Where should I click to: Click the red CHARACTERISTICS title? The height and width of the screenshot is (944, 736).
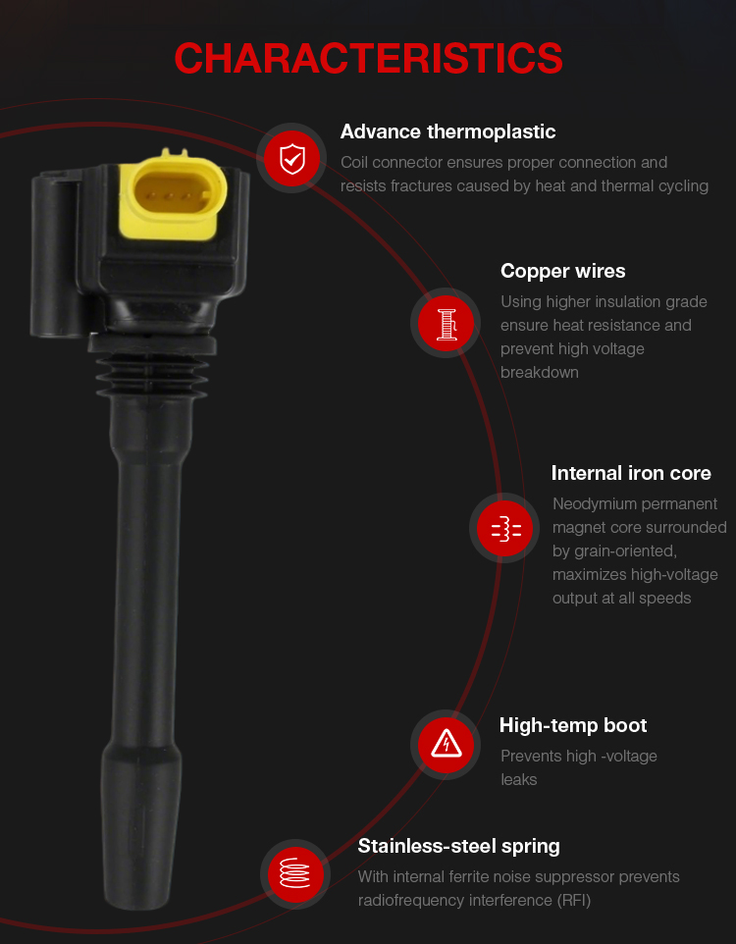point(368,58)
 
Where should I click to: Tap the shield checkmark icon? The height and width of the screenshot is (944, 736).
point(292,159)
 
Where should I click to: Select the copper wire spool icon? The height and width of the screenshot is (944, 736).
point(447,323)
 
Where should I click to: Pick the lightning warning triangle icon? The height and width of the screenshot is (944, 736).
point(447,744)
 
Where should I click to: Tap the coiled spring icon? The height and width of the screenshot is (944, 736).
point(295,873)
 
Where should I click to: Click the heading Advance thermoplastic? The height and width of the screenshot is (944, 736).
point(447,131)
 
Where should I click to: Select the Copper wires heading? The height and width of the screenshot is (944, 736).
point(562,272)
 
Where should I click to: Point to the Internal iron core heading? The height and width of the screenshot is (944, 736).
point(631,473)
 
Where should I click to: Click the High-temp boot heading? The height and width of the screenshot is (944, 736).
point(573,725)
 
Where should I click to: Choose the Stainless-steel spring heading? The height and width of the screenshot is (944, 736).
point(458,847)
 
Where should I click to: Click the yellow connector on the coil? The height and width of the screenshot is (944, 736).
point(173,194)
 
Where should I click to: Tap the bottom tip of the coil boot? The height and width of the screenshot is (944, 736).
point(139,906)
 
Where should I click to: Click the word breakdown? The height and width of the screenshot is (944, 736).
point(540,373)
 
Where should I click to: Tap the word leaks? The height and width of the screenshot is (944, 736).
point(518,780)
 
